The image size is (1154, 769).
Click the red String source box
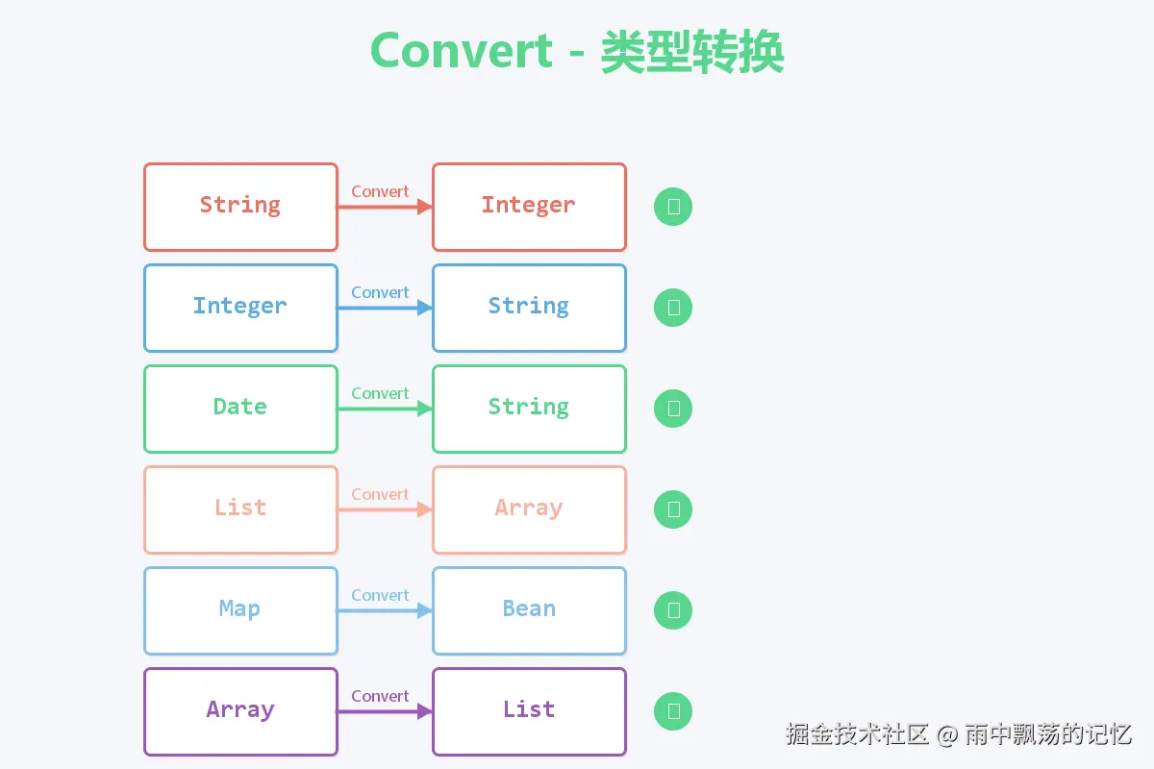coord(240,207)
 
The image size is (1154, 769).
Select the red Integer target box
coord(529,207)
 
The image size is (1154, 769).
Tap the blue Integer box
coord(240,308)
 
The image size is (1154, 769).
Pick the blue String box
coord(529,308)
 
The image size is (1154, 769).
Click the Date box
coord(240,409)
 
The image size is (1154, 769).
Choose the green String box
coord(529,409)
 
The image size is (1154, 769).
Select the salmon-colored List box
coord(240,509)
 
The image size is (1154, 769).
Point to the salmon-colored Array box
coord(529,509)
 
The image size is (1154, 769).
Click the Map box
coord(240,610)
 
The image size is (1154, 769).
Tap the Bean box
coord(529,610)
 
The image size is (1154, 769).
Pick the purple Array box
coord(240,711)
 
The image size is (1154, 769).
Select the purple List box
coord(529,711)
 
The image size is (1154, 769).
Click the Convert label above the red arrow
coord(380,191)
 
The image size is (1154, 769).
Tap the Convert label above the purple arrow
coord(380,696)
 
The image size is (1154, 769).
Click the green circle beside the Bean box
coord(673,610)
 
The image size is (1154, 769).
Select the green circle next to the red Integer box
coord(673,207)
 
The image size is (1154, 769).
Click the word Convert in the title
coord(462,51)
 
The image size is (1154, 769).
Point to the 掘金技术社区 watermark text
coord(857,734)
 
